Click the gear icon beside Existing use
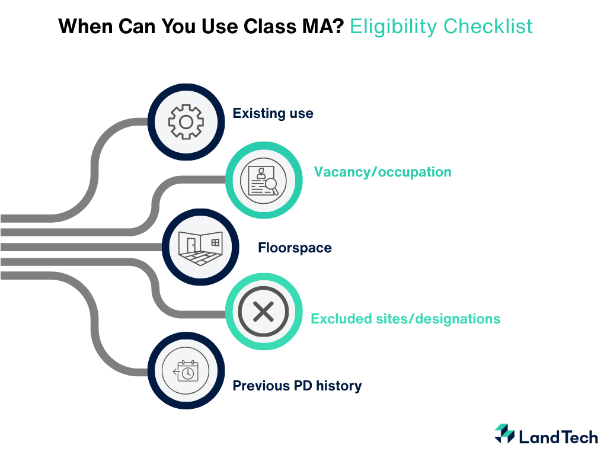pos(186,122)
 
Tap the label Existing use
pos(273,113)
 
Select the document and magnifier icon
pos(263,181)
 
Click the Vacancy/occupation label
pos(382,172)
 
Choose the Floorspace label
pos(295,248)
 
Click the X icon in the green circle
pos(263,310)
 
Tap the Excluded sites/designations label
pos(405,319)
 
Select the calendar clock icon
pos(186,372)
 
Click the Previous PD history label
pos(297,386)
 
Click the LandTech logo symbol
pos(504,434)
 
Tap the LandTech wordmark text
pos(558,437)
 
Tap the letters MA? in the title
pos(325,27)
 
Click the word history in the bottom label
pos(338,386)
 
